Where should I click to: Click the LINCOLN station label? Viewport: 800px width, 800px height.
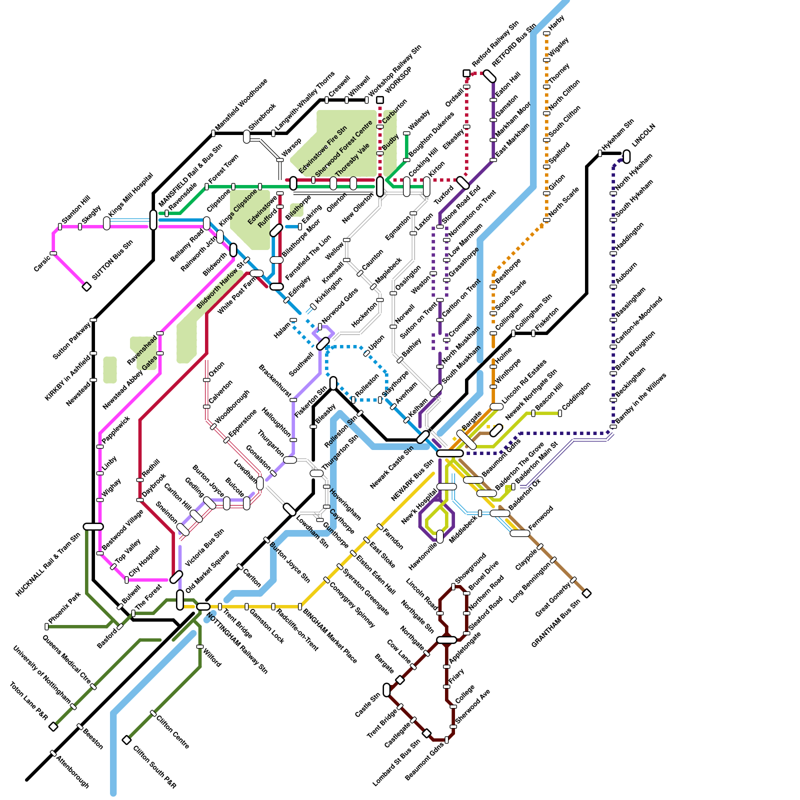click(643, 135)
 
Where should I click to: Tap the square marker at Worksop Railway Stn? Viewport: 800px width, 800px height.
click(380, 100)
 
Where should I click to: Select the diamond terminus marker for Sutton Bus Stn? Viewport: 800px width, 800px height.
click(86, 286)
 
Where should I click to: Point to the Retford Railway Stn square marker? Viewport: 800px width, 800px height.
click(466, 73)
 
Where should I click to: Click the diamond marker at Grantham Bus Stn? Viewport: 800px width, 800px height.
click(587, 593)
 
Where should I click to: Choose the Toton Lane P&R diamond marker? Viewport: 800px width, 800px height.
click(53, 726)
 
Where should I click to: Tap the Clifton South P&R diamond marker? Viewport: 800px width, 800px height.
click(127, 740)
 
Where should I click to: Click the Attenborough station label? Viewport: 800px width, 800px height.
click(72, 772)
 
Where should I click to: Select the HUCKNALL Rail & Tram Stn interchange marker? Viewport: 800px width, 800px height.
click(93, 526)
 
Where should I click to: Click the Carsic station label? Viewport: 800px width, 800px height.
click(42, 263)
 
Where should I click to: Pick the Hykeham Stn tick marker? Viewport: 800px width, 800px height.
click(600, 153)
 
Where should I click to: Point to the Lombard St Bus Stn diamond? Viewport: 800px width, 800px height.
click(426, 733)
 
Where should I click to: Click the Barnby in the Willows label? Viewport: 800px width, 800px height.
click(641, 398)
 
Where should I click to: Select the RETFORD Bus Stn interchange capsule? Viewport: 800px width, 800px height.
click(489, 76)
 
